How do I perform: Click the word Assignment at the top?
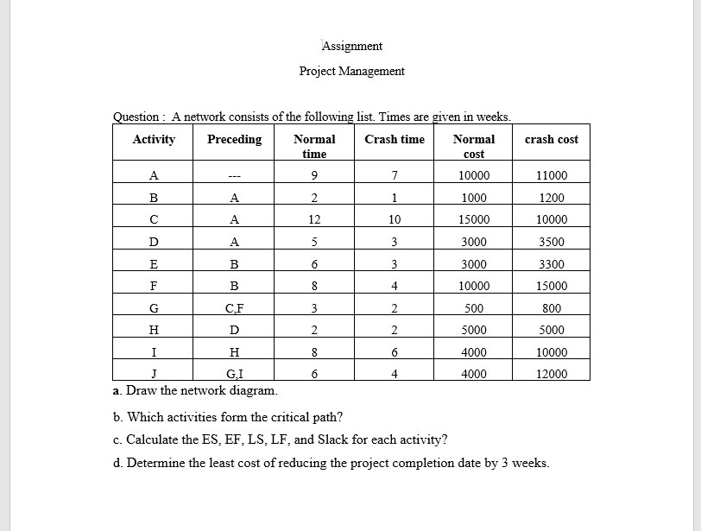[352, 46]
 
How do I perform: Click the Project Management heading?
[351, 71]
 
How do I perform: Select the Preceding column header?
[234, 139]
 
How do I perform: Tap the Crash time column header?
[395, 139]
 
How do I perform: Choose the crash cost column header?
[552, 139]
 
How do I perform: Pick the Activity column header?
[155, 139]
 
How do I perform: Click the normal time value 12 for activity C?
[314, 219]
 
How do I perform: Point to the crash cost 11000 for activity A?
[552, 175]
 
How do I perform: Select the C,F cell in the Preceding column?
[234, 308]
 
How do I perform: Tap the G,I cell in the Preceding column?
[234, 374]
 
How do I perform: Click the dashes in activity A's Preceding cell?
[234, 175]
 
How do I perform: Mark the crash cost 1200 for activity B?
[552, 198]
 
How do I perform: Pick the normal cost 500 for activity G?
[474, 308]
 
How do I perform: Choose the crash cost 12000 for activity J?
[552, 374]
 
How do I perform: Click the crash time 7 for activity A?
[395, 175]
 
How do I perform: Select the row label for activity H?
[155, 330]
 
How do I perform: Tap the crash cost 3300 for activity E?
[552, 264]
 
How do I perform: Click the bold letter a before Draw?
[117, 389]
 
